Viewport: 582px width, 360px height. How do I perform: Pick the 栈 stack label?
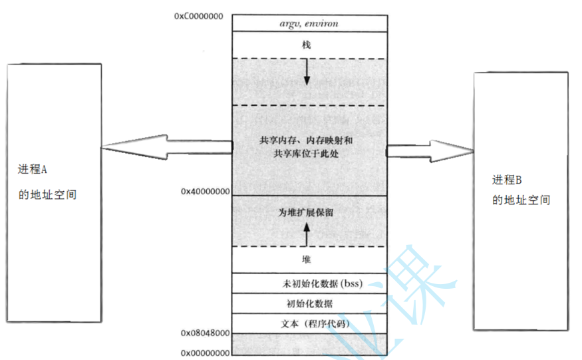[x=307, y=45]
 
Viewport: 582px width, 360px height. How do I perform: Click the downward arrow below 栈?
[x=307, y=73]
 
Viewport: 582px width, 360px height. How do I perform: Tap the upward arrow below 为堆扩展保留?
[x=307, y=233]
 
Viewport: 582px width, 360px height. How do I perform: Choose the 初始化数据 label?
[x=310, y=303]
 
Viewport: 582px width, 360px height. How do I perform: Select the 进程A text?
[x=33, y=170]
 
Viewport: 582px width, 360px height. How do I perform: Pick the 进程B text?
[x=508, y=180]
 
